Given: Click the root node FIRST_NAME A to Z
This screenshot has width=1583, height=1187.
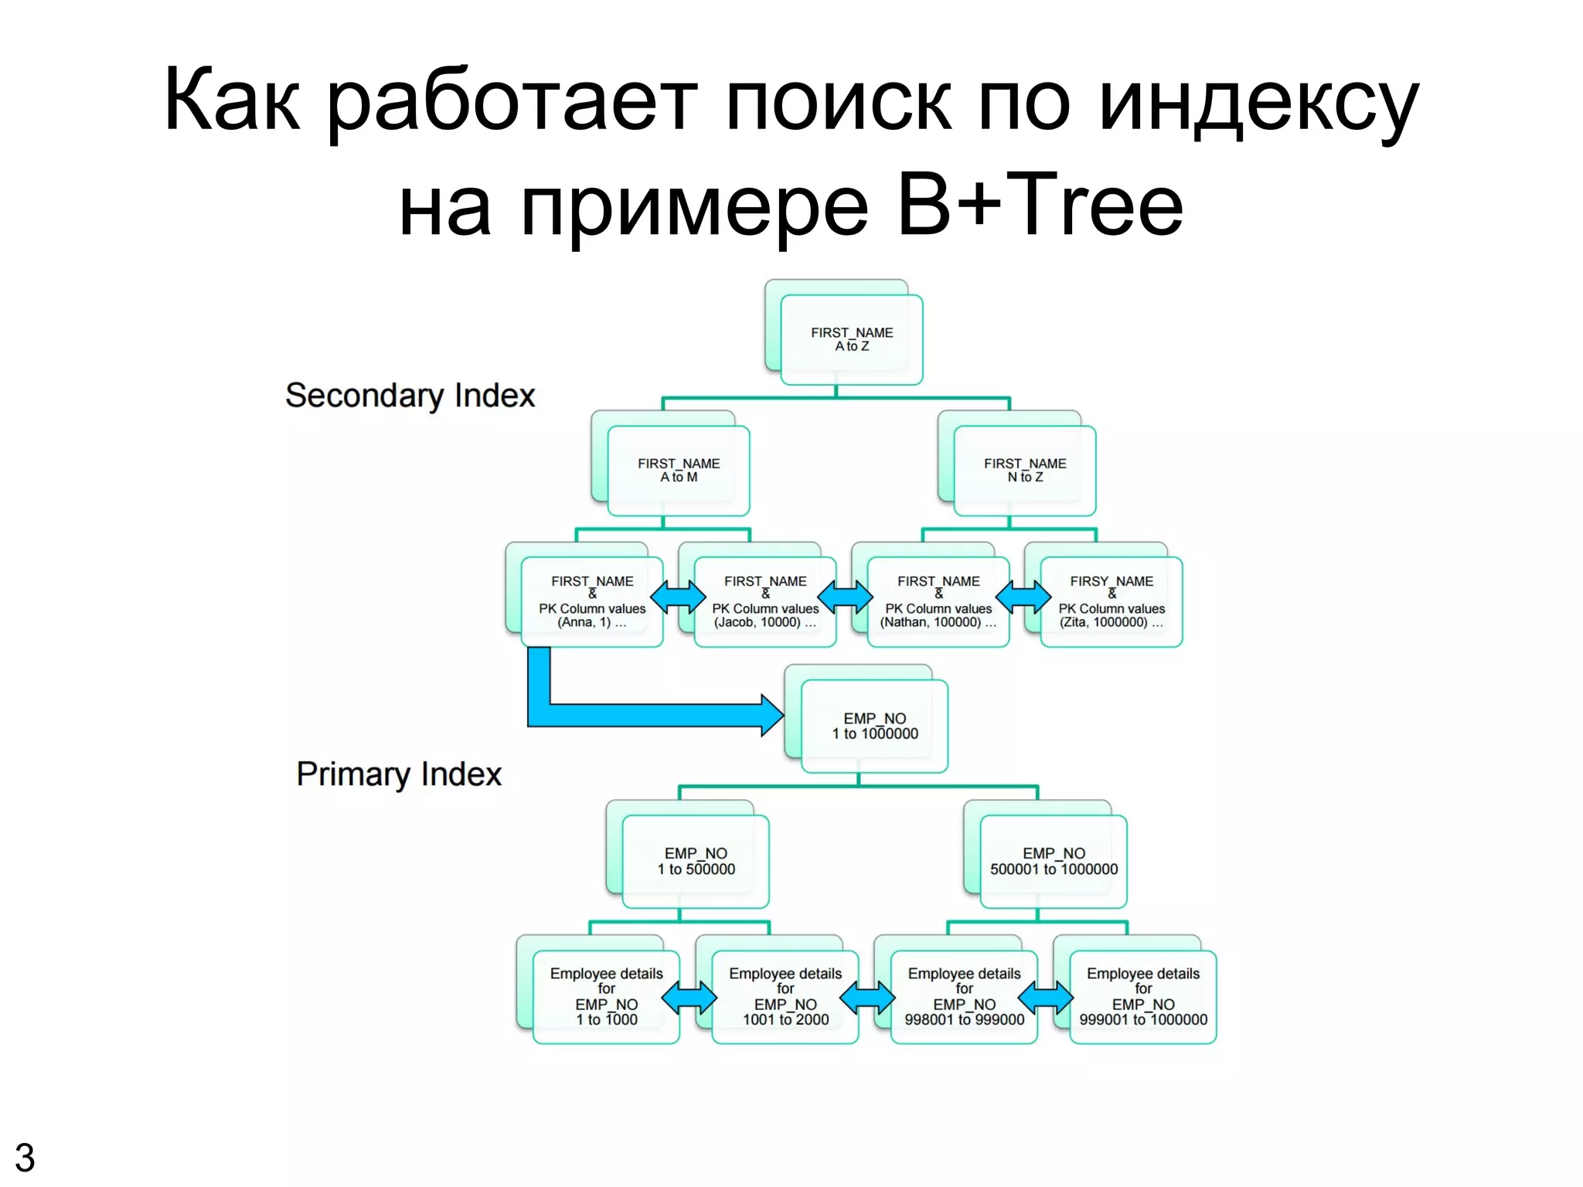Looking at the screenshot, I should [852, 339].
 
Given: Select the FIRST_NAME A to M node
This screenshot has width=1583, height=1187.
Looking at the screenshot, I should [679, 470].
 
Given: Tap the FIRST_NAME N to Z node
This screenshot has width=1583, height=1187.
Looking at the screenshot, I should [1025, 470].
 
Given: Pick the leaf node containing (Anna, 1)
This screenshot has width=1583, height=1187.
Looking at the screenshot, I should [592, 601].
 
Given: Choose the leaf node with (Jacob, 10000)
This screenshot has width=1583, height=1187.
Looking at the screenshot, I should [765, 601].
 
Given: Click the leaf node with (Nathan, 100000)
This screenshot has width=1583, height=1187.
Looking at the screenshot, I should [938, 601].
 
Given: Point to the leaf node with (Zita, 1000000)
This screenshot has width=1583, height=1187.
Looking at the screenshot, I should [1112, 601].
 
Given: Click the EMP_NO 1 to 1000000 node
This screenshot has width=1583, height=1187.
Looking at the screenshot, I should [875, 726].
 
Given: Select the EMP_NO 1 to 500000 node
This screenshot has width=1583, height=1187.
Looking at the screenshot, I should [696, 861].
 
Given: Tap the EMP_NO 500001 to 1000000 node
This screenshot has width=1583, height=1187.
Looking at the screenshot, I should [1054, 861].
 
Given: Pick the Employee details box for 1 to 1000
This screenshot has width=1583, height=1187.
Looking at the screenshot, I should [607, 996].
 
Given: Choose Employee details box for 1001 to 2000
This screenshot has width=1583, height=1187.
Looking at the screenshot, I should [785, 996].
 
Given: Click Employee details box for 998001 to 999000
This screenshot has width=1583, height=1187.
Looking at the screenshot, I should [965, 996].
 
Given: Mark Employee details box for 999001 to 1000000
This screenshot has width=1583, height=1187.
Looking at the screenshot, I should [1143, 996].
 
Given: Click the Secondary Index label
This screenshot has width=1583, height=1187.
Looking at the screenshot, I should [410, 396].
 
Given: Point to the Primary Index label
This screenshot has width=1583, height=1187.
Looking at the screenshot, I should [399, 774].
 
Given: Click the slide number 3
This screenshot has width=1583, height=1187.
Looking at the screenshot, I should [25, 1158].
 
